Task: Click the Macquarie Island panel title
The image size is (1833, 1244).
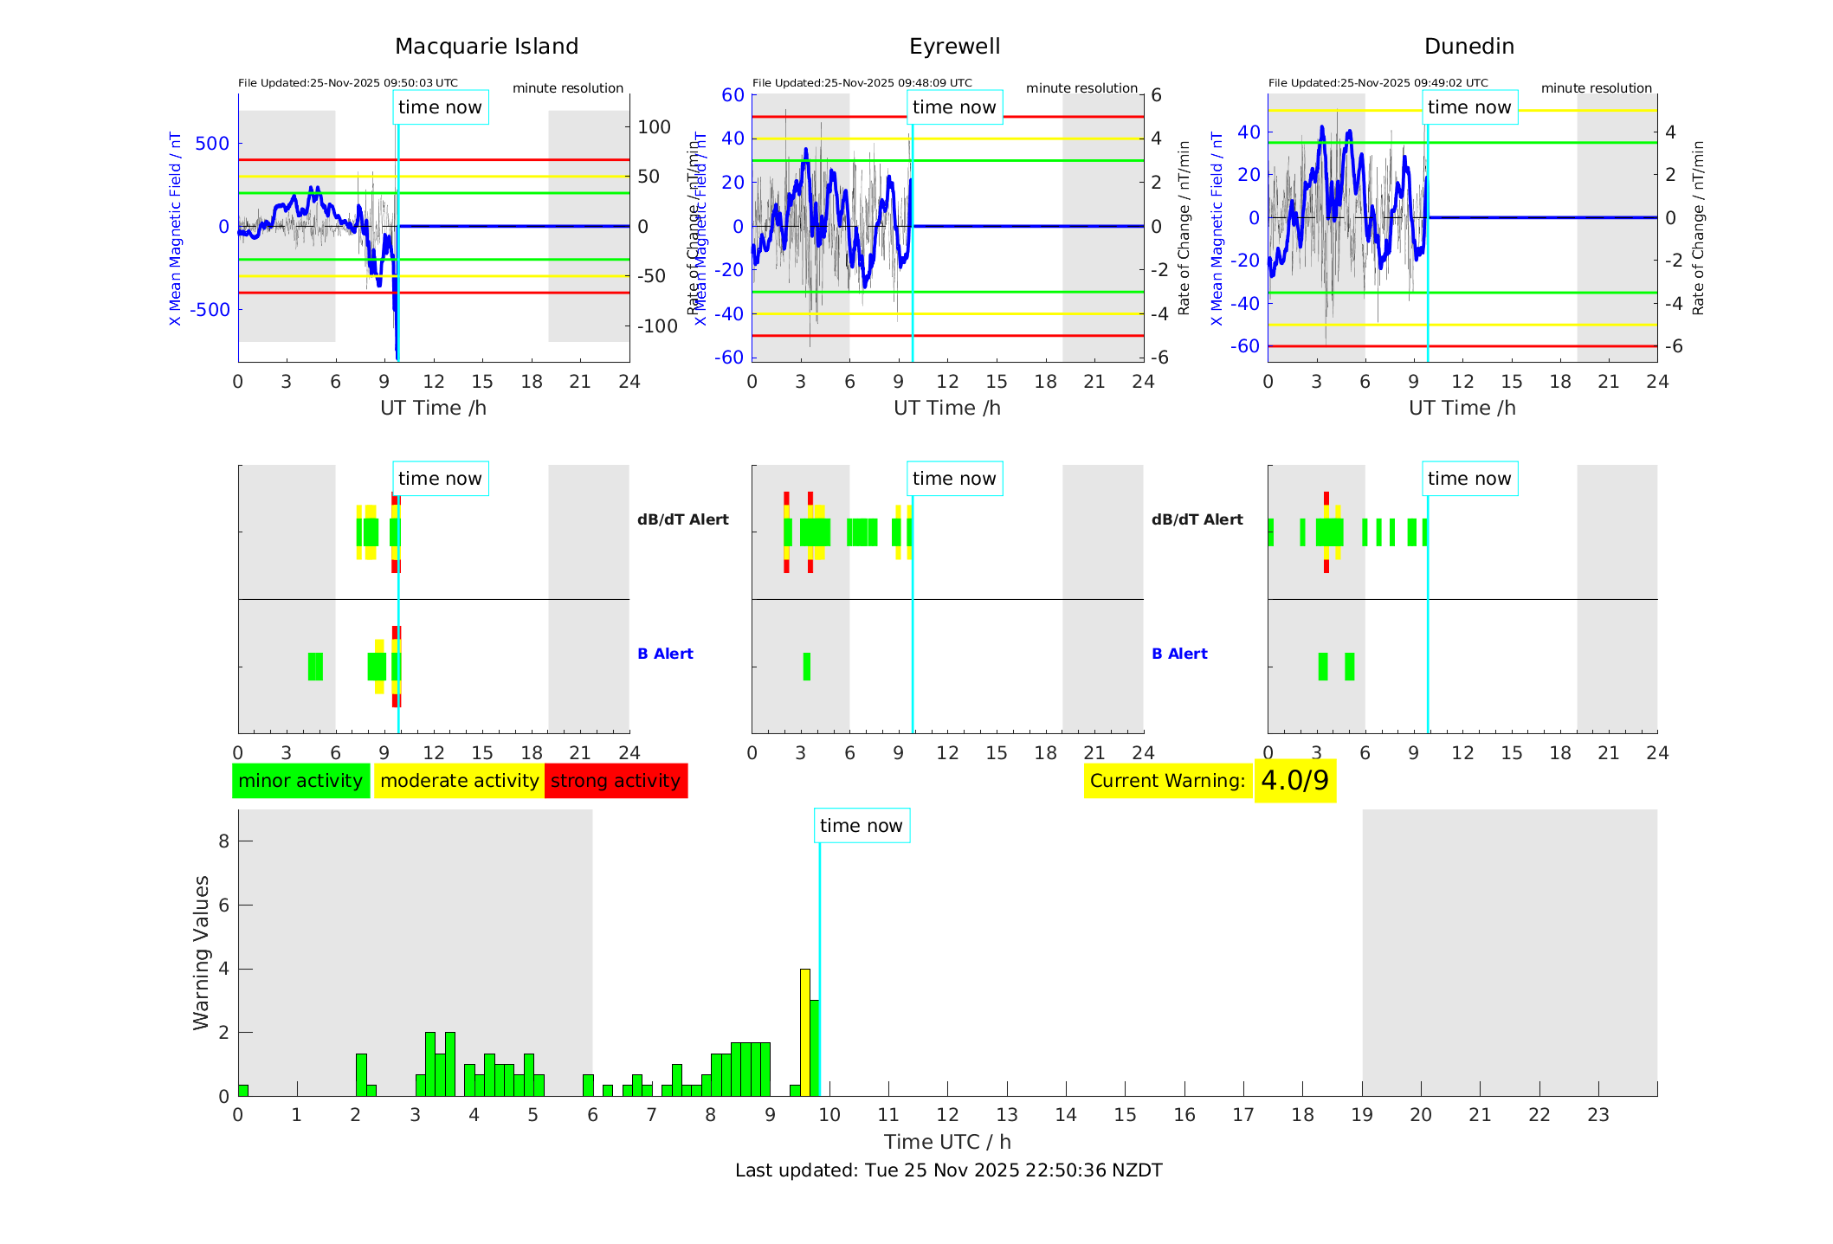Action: pyautogui.click(x=487, y=47)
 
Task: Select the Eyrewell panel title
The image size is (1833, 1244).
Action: pyautogui.click(x=954, y=47)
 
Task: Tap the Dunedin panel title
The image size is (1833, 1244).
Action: pyautogui.click(x=1468, y=47)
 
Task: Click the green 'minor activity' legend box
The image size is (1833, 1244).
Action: pyautogui.click(x=300, y=781)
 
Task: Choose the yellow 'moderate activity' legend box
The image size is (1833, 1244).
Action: pyautogui.click(x=459, y=781)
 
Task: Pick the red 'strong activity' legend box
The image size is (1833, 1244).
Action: pyautogui.click(x=616, y=781)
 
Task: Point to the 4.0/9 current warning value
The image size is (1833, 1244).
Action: pyautogui.click(x=1294, y=781)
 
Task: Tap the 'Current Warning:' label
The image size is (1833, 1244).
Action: pyautogui.click(x=1167, y=781)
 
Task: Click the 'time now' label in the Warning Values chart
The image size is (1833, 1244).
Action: pyautogui.click(x=861, y=826)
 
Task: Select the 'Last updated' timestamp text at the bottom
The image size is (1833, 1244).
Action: pyautogui.click(x=948, y=1170)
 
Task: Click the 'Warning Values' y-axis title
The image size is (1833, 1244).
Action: pyautogui.click(x=202, y=952)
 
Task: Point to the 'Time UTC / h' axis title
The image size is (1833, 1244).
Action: pyautogui.click(x=947, y=1142)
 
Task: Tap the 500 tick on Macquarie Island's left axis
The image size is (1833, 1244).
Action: pyautogui.click(x=212, y=144)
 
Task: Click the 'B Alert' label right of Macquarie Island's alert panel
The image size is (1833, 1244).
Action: pyautogui.click(x=665, y=654)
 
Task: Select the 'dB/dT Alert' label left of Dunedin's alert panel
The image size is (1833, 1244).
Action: pyautogui.click(x=1197, y=519)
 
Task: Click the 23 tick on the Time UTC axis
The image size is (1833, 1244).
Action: pyautogui.click(x=1597, y=1115)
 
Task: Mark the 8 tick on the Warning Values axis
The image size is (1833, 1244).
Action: pyautogui.click(x=223, y=841)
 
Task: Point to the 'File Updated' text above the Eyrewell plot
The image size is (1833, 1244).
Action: pyautogui.click(x=862, y=83)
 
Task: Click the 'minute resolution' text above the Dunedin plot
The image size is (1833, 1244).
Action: pyautogui.click(x=1596, y=88)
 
